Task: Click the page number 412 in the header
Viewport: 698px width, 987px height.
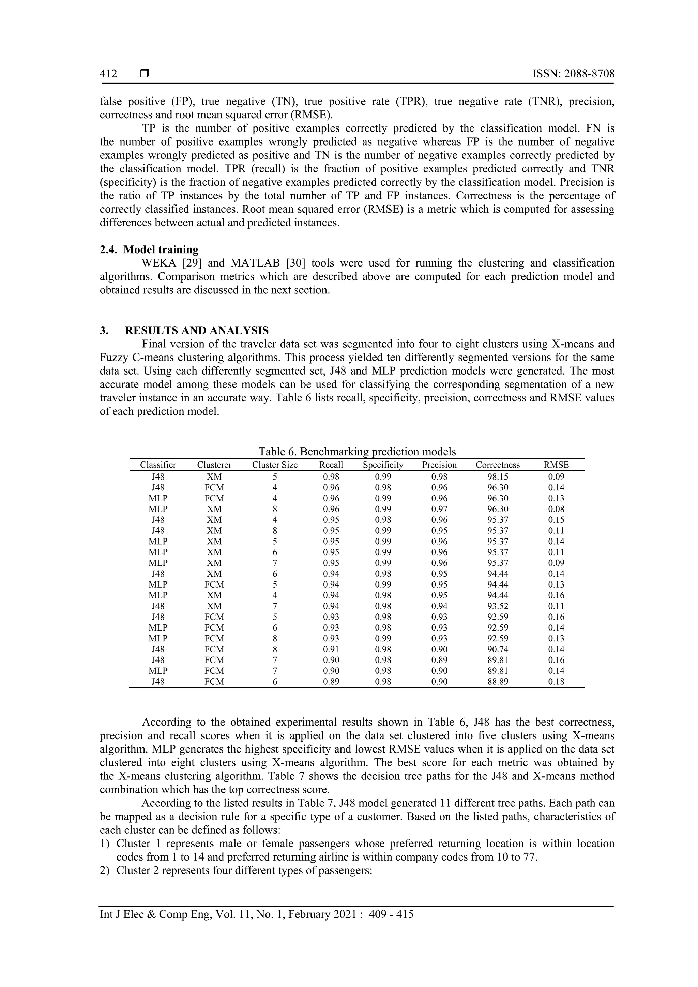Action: pyautogui.click(x=108, y=74)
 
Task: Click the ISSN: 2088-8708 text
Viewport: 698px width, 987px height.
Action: pyautogui.click(x=573, y=74)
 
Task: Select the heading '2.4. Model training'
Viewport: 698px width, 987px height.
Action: pyautogui.click(x=149, y=250)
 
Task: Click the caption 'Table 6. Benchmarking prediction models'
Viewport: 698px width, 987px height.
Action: pyautogui.click(x=357, y=452)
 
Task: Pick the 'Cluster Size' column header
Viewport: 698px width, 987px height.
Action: pyautogui.click(x=275, y=465)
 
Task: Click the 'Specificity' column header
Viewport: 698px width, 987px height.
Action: pyautogui.click(x=383, y=465)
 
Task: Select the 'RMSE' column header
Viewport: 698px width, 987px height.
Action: pyautogui.click(x=556, y=465)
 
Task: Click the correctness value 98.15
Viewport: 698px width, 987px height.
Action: pyautogui.click(x=498, y=477)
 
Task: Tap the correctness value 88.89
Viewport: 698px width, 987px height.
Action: pyautogui.click(x=498, y=681)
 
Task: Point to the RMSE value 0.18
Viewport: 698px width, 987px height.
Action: pyautogui.click(x=556, y=681)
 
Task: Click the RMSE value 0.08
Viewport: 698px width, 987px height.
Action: pyautogui.click(x=556, y=509)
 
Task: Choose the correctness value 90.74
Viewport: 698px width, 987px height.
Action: pyautogui.click(x=498, y=649)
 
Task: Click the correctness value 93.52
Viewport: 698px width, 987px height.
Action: pyautogui.click(x=498, y=606)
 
